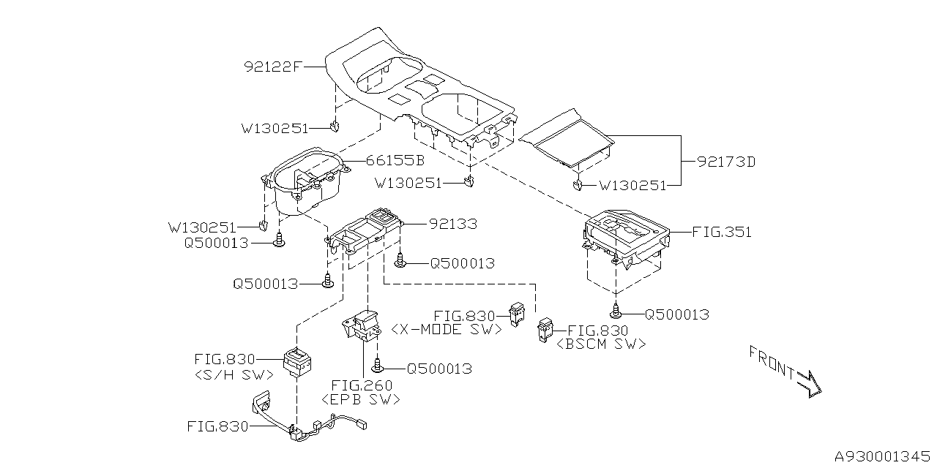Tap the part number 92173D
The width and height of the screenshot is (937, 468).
click(725, 162)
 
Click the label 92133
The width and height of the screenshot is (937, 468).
click(442, 224)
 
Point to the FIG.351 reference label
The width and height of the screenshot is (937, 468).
click(722, 233)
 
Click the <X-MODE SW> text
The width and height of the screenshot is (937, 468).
click(446, 330)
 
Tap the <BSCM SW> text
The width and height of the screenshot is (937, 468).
click(602, 344)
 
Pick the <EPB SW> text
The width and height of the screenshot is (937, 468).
click(361, 399)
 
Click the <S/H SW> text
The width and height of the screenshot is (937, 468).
click(234, 375)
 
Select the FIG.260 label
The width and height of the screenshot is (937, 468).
click(362, 385)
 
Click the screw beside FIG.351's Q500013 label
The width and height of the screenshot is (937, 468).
click(617, 310)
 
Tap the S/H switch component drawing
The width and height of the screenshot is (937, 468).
click(298, 362)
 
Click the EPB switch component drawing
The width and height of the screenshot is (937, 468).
click(361, 325)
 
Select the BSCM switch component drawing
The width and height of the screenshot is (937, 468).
click(546, 330)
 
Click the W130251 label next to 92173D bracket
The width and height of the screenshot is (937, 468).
click(632, 186)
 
